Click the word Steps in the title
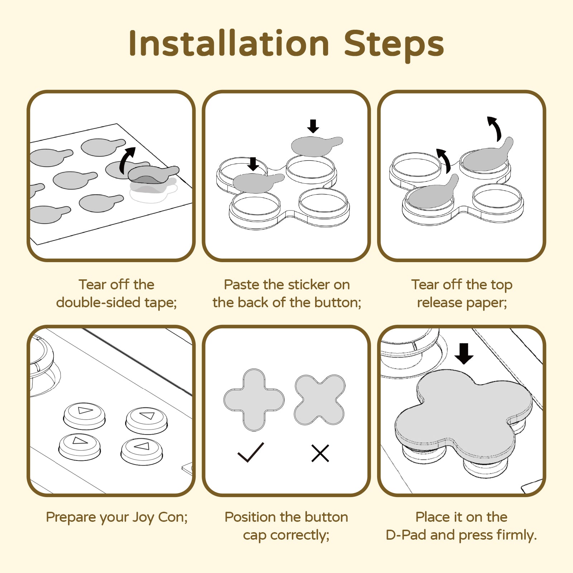tap(394, 46)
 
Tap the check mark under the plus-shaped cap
tap(251, 452)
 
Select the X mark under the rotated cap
tap(320, 453)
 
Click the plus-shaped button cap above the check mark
tap(254, 400)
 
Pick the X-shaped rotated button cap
tap(319, 400)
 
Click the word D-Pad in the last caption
tap(406, 535)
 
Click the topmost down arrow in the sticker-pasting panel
tap(313, 126)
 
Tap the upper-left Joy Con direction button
tap(85, 415)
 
